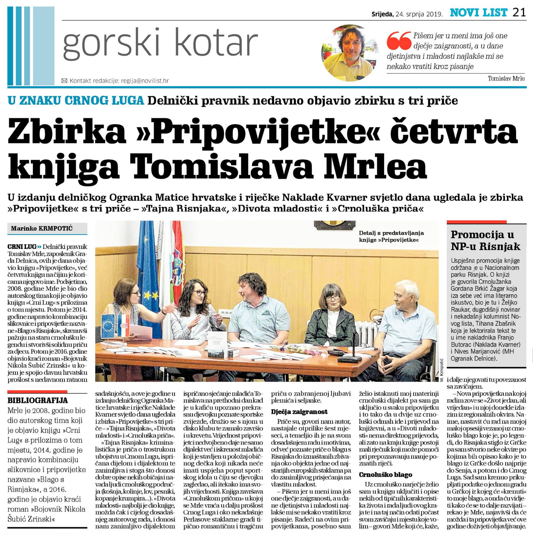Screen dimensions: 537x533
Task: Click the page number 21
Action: (519, 13)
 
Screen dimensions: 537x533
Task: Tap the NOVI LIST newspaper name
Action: (478, 13)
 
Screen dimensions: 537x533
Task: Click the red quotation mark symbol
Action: (399, 41)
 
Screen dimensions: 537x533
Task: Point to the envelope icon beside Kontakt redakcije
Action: (64, 81)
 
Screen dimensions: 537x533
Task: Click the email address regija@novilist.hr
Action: (145, 81)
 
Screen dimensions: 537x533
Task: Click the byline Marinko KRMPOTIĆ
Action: (42, 228)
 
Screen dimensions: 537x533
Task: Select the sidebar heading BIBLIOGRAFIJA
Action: (38, 400)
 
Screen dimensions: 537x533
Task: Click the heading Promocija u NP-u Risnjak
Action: (485, 240)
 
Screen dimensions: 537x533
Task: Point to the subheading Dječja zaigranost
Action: (299, 412)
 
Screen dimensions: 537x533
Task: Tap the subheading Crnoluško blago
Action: (385, 475)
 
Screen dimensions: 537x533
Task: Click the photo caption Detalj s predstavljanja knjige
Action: (391, 236)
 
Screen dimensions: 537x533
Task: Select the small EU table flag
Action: (108, 326)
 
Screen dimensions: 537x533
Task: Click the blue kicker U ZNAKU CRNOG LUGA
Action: (76, 101)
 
